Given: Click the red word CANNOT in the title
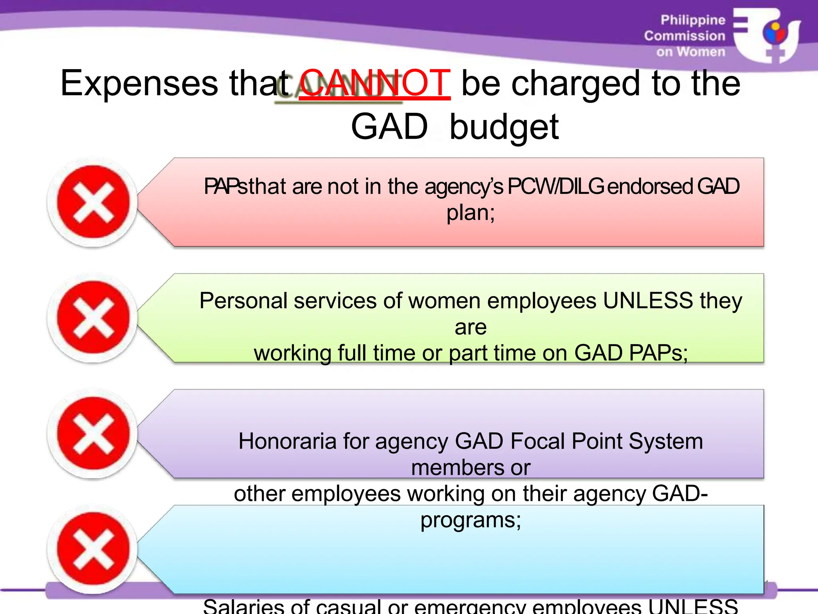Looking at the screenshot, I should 375,83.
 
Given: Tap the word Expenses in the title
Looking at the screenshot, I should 139,84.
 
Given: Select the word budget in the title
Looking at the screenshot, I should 504,127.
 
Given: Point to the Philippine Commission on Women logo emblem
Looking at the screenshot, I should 767,35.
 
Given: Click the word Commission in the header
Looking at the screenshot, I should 684,36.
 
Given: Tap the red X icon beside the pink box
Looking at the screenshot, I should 93,202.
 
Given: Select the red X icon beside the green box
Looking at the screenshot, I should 93,318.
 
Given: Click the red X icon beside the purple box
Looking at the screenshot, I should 93,433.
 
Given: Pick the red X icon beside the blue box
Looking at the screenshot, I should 93,549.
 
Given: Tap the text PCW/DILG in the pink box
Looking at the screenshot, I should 555,186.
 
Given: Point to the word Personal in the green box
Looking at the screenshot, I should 243,301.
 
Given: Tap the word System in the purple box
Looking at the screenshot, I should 666,441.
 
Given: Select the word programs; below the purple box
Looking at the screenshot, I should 471,520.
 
